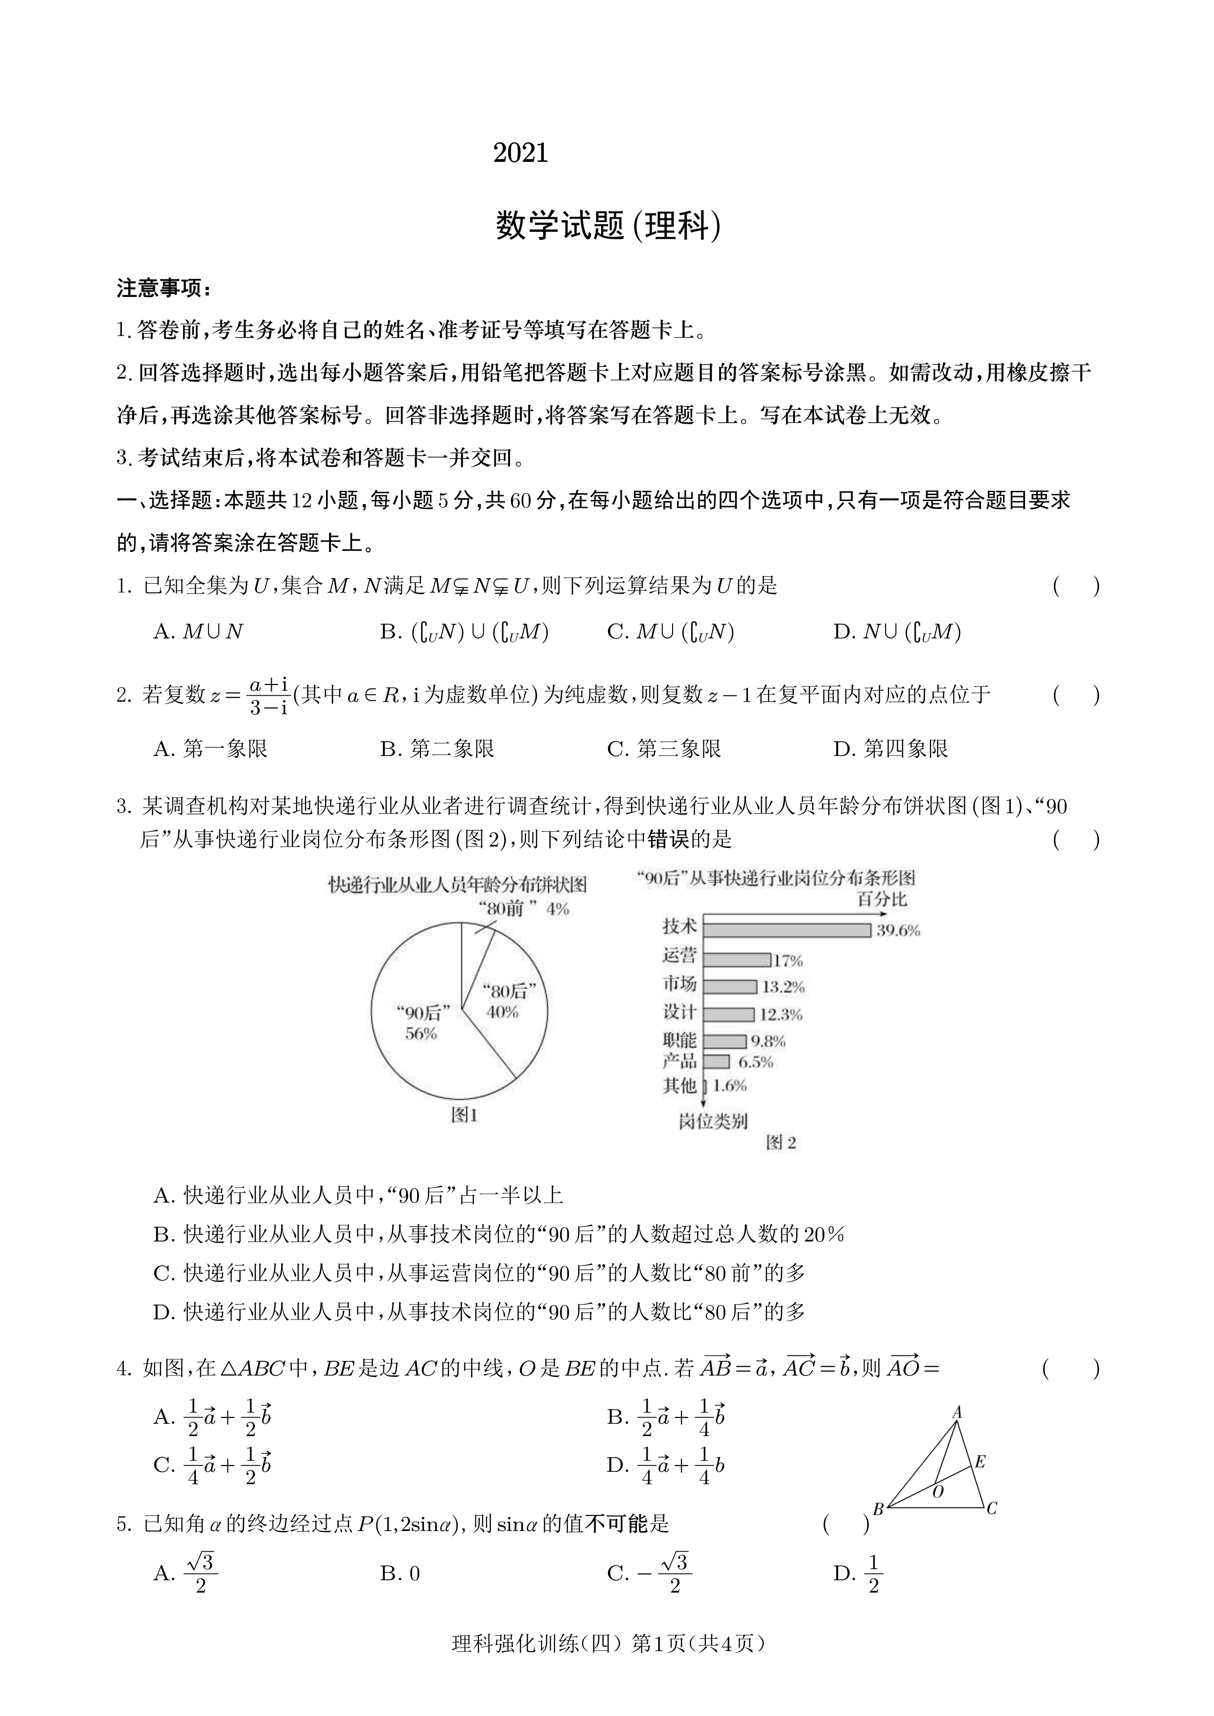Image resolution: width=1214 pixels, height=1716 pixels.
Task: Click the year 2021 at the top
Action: [520, 153]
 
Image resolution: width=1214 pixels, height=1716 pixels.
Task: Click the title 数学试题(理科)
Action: [608, 226]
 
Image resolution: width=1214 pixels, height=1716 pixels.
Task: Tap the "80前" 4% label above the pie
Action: [523, 909]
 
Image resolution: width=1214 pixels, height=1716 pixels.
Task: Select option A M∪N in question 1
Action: [199, 632]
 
